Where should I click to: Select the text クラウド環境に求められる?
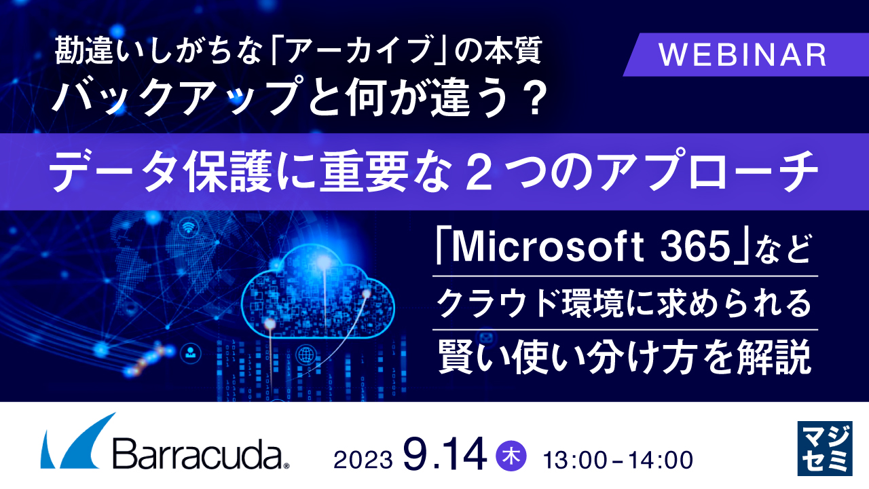(x=625, y=304)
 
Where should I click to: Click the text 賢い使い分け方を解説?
(x=625, y=357)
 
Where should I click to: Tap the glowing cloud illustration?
(x=318, y=292)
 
